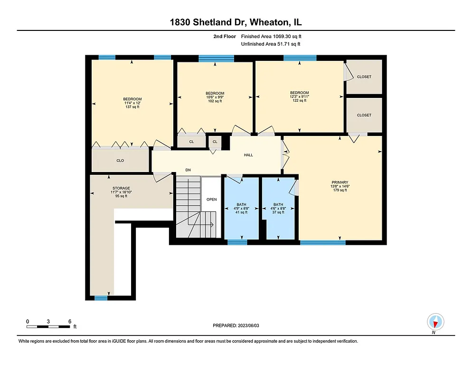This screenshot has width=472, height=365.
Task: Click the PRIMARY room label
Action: click(x=340, y=182)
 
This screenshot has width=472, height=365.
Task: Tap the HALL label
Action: click(x=248, y=155)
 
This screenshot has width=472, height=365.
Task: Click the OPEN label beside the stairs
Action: click(x=211, y=199)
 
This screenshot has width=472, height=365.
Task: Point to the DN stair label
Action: click(x=188, y=170)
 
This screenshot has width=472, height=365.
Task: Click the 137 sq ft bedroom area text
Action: click(x=132, y=107)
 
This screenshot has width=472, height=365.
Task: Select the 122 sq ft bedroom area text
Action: click(x=299, y=101)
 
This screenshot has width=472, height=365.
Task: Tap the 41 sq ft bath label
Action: click(x=241, y=212)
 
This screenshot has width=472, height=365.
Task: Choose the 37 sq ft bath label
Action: click(x=278, y=212)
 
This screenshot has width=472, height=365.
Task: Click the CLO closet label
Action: click(x=120, y=161)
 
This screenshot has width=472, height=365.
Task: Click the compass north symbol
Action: click(x=435, y=322)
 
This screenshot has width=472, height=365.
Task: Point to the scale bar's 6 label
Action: click(x=70, y=321)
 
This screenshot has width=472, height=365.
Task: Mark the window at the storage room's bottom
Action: click(x=101, y=298)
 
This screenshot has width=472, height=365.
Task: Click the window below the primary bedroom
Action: click(x=322, y=242)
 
